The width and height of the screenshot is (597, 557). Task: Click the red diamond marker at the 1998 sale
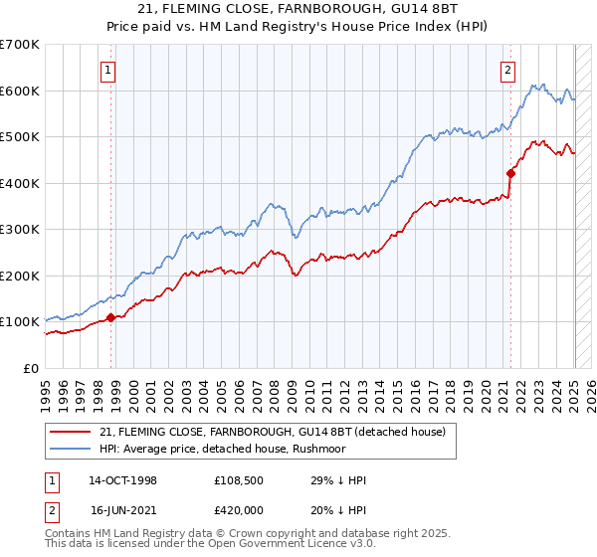pyautogui.click(x=110, y=318)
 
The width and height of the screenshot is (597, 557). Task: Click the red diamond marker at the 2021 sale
pyautogui.click(x=510, y=173)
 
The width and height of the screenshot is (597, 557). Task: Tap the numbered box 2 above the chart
pyautogui.click(x=507, y=70)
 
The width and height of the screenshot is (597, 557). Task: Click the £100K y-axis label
pyautogui.click(x=19, y=322)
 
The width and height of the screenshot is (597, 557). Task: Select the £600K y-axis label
pyautogui.click(x=19, y=91)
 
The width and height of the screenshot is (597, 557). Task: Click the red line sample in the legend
pyautogui.click(x=71, y=432)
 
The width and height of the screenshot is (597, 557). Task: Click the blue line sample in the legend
pyautogui.click(x=71, y=449)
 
